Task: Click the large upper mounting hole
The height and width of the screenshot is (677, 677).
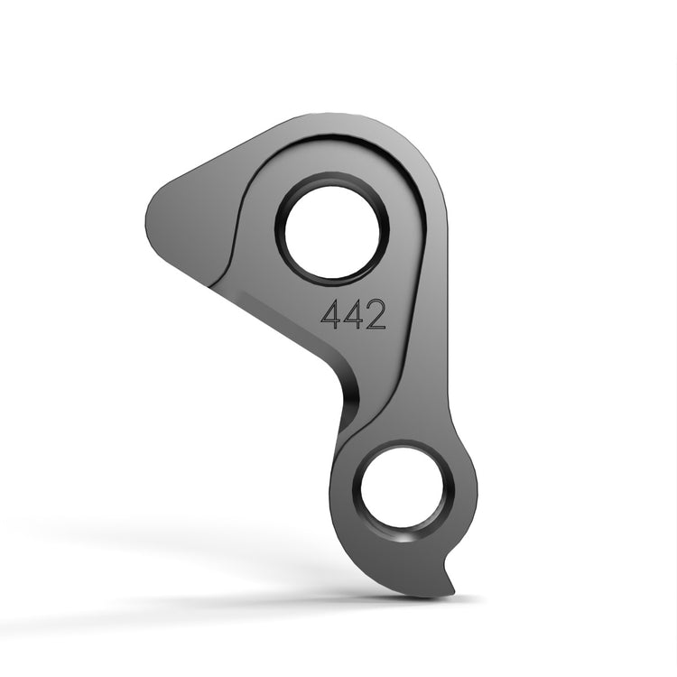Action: [331, 229]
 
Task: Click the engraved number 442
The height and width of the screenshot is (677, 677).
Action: [354, 314]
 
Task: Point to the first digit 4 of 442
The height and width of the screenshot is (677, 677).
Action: [331, 314]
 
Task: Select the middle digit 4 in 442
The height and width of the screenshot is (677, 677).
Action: [353, 314]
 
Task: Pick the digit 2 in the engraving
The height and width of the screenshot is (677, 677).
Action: [376, 314]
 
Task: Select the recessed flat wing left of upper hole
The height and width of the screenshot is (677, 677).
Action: [194, 226]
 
